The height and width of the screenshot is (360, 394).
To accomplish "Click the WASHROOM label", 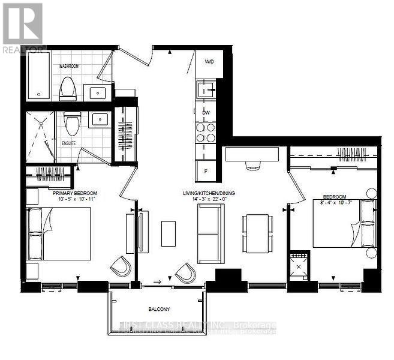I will (x=70, y=66).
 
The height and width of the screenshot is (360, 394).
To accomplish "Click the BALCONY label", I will (x=160, y=310).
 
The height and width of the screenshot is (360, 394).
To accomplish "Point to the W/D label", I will (x=209, y=61).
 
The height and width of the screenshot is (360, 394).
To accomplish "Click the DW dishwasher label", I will (x=206, y=112).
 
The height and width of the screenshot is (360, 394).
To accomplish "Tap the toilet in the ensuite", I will (x=73, y=124).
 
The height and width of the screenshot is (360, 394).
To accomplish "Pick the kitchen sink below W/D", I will (x=205, y=91).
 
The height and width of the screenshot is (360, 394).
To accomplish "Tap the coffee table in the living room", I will (x=169, y=233).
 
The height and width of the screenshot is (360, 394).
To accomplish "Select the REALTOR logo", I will (x=22, y=27).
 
